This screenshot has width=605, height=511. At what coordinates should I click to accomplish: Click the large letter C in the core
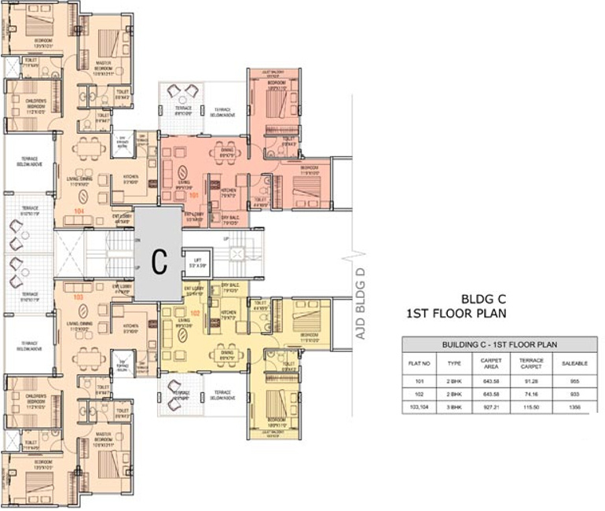158,263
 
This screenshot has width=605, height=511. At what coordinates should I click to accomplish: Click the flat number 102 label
194,313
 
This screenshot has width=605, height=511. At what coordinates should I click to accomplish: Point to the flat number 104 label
78,211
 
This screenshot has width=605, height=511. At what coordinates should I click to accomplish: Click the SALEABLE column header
574,364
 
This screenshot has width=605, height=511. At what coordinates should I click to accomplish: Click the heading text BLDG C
482,299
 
